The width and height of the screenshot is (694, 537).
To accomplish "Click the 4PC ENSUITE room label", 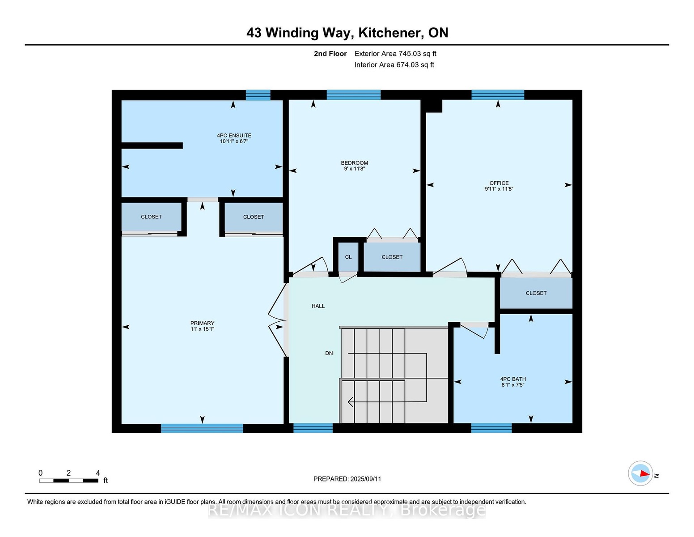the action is [x=234, y=136].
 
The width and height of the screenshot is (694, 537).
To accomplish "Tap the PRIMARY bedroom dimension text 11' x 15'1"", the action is [x=202, y=329].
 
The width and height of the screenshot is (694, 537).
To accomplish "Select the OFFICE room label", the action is [x=499, y=183].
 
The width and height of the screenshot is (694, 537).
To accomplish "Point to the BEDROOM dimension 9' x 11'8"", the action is [x=354, y=168].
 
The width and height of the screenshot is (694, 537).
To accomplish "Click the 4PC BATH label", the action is [x=513, y=379].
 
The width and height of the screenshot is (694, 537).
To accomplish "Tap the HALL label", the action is [x=318, y=306].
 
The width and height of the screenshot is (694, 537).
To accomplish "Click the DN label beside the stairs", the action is [x=329, y=353].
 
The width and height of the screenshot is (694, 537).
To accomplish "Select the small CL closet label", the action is [x=348, y=257].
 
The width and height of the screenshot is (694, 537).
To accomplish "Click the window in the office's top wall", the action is [x=498, y=95].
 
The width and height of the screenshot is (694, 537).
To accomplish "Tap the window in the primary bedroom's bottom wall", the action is [x=202, y=428].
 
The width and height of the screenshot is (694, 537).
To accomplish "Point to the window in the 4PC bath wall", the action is [x=491, y=428].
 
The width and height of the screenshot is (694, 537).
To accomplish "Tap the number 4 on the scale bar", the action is [x=98, y=473].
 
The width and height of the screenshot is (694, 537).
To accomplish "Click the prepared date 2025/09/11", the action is [x=366, y=479].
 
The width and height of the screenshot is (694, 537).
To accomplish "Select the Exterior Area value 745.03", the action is [x=408, y=54].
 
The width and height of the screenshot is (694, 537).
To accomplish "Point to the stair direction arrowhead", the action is [x=350, y=401].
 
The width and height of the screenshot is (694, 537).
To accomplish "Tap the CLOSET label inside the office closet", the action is [x=536, y=293].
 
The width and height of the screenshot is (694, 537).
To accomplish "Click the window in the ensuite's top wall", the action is [x=258, y=95].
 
